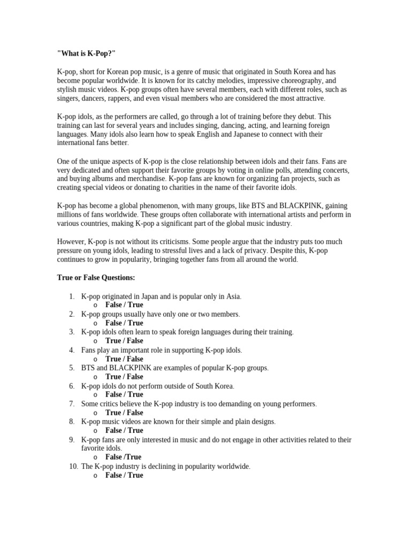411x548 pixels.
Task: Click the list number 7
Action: (x=71, y=404)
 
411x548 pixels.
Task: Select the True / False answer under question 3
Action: (x=124, y=341)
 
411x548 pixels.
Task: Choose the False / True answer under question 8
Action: (x=124, y=430)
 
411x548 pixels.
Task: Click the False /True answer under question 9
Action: (x=123, y=457)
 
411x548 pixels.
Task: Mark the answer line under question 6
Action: (x=124, y=394)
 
